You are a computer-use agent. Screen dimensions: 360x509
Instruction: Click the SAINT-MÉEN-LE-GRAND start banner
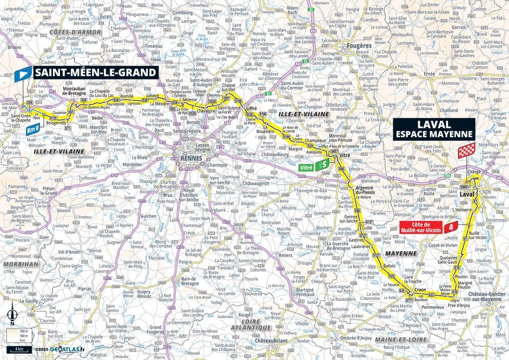click(x=95, y=73)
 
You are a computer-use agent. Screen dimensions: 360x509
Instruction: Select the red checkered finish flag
click(x=466, y=150)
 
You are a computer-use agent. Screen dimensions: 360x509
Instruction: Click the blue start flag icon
click(x=24, y=74)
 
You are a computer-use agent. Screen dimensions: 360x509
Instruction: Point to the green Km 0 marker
click(x=33, y=128)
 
